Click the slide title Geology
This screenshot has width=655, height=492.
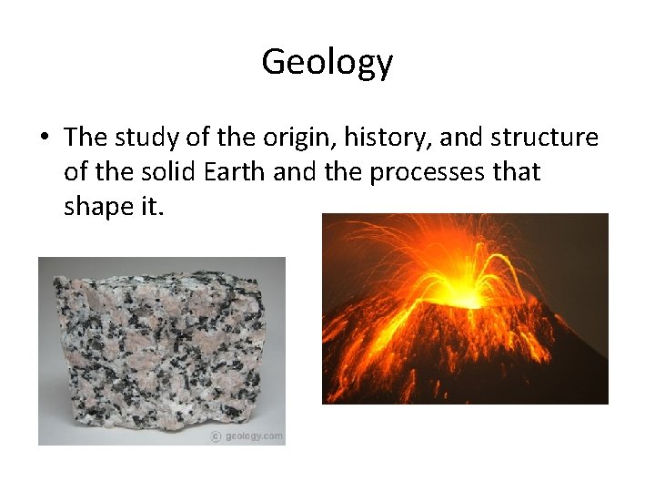point(327,62)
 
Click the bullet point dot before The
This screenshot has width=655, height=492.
point(45,138)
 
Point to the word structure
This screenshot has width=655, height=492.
point(544,138)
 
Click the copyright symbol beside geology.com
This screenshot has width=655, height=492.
point(217,436)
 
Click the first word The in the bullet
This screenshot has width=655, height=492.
point(86,138)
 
